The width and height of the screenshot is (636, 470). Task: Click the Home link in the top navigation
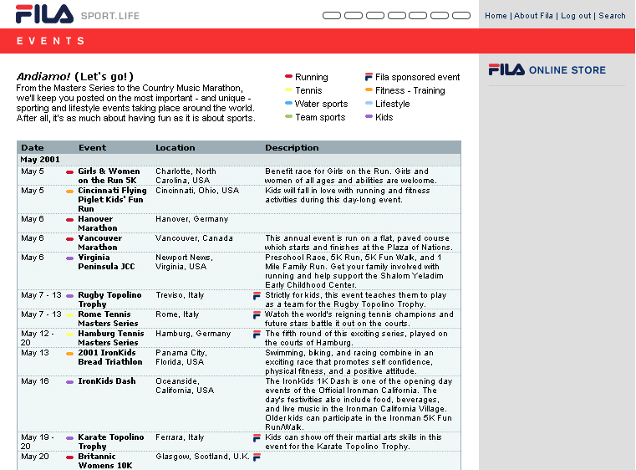click(496, 16)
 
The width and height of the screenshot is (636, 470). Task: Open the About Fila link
click(533, 16)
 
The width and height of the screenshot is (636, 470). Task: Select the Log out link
click(576, 16)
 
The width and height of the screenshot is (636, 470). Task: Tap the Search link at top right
click(612, 16)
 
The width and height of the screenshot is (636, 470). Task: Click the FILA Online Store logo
click(547, 70)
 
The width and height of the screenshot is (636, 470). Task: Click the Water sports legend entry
click(321, 104)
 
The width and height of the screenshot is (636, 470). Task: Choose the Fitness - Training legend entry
click(410, 90)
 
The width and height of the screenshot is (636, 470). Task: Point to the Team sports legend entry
click(320, 117)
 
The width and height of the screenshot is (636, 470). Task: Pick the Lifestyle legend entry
click(392, 104)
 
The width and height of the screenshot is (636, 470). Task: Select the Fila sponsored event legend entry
click(417, 77)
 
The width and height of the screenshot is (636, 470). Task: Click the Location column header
click(175, 148)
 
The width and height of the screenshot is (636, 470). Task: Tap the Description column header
click(292, 148)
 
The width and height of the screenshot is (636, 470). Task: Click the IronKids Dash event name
click(107, 381)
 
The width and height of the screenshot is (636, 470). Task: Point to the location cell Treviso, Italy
click(180, 295)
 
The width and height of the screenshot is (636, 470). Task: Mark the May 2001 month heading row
click(40, 160)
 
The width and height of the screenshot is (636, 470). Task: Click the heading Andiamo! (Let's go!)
click(75, 77)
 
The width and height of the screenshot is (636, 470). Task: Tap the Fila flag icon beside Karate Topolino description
click(257, 437)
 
